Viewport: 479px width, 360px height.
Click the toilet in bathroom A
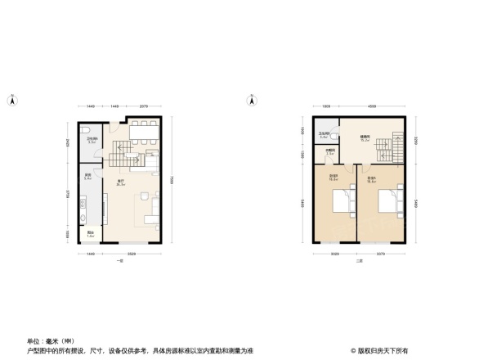86,131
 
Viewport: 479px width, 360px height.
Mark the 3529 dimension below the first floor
132,254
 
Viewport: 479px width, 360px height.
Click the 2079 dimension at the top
143,106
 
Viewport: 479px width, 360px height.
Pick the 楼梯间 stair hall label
365,138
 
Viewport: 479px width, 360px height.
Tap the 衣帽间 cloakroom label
329,151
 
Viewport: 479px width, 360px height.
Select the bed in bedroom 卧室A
342,200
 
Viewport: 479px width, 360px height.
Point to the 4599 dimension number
372,106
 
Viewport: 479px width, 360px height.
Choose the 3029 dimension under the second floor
334,254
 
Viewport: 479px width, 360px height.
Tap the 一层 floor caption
119,261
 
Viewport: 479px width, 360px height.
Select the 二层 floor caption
358,261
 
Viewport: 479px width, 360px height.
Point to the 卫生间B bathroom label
324,135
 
